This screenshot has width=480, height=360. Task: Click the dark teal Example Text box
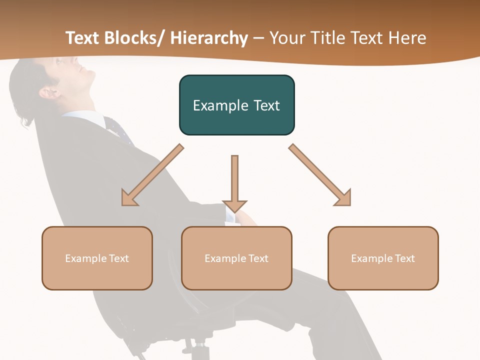point(236,105)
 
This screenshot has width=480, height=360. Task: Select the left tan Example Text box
point(97,258)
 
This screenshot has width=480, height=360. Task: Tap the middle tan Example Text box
point(236,258)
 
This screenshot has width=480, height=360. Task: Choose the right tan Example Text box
point(383,258)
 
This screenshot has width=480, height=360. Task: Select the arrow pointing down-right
point(320,175)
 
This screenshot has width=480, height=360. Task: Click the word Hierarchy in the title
point(208,38)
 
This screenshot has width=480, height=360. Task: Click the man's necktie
point(117,128)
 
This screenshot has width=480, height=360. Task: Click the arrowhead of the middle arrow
point(234,205)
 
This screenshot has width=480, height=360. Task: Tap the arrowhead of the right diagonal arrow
point(343,198)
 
